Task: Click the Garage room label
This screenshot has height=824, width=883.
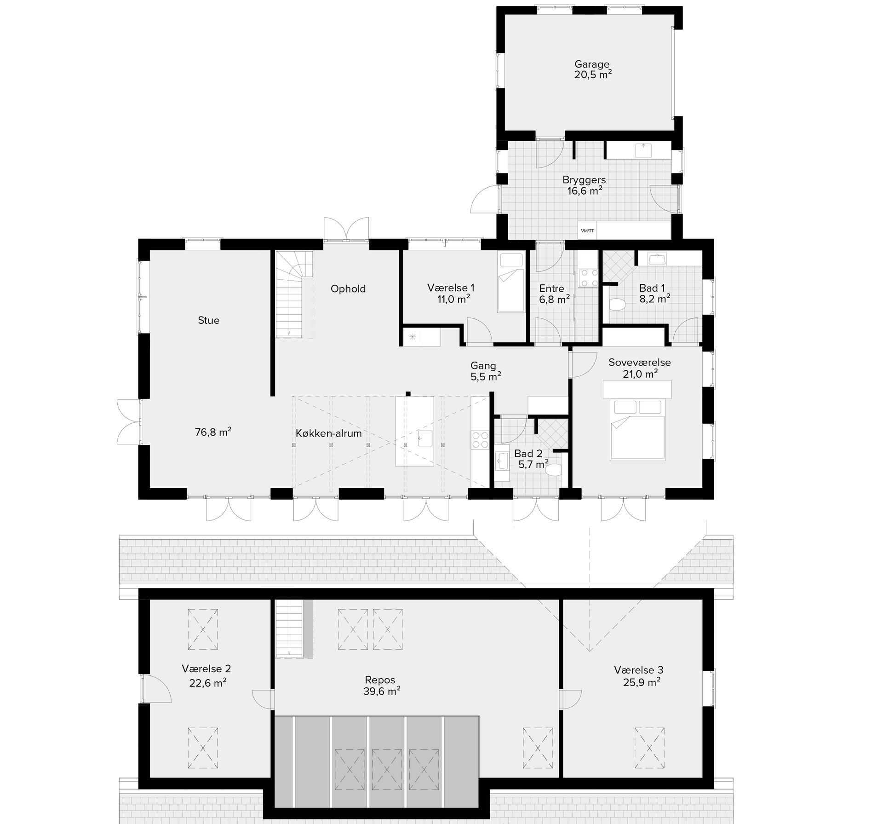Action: (591, 64)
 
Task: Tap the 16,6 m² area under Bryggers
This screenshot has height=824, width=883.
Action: (585, 190)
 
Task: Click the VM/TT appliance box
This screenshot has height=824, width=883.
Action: (587, 230)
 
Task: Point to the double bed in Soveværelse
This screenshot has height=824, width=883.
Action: (637, 429)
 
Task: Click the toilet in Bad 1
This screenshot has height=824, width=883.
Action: (617, 304)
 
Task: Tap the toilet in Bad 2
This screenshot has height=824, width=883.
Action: (553, 470)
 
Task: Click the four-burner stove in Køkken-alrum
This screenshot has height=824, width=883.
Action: (480, 439)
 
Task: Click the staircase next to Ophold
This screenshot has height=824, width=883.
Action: (294, 294)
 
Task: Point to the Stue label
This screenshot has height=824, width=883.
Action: (208, 320)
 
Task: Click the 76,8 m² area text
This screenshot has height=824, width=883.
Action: (213, 432)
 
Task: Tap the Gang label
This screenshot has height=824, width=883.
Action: (483, 365)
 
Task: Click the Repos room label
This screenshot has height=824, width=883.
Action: (380, 680)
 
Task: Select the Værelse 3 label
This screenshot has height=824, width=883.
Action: (638, 670)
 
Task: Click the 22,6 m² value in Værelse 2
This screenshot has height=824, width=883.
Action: (207, 683)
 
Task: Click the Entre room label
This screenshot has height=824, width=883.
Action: (551, 288)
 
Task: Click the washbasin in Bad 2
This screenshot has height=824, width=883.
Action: (501, 460)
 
